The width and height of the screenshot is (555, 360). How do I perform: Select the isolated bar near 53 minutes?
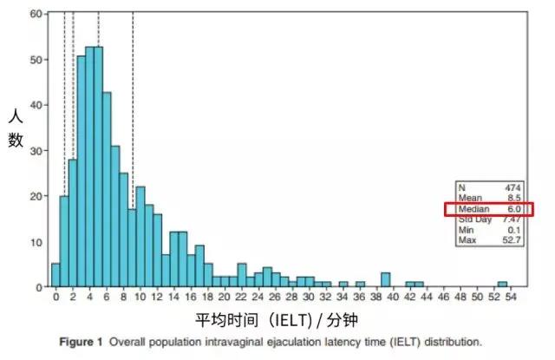pyautogui.click(x=502, y=284)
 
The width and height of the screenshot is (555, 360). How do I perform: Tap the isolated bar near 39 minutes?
pyautogui.click(x=385, y=279)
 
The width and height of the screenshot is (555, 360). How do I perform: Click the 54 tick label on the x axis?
pyautogui.click(x=510, y=298)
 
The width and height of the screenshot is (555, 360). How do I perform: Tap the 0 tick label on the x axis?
pyautogui.click(x=55, y=298)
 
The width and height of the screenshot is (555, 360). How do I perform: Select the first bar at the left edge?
pyautogui.click(x=55, y=274)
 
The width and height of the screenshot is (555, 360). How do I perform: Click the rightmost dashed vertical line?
pyautogui.click(x=133, y=104)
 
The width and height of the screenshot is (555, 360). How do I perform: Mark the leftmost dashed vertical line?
pyautogui.click(x=64, y=104)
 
